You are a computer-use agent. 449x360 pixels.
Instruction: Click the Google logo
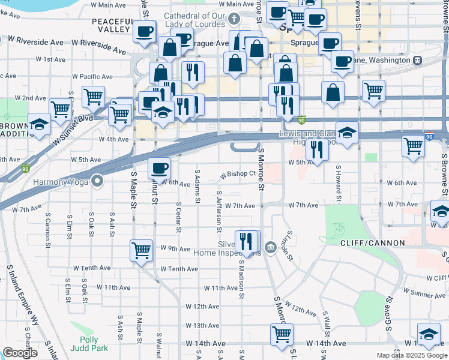[20, 353]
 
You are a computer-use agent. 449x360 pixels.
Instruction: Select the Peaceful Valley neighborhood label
[112, 25]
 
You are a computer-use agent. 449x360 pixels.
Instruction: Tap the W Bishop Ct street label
[238, 174]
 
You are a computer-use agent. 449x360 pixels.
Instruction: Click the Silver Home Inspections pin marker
[270, 246]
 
